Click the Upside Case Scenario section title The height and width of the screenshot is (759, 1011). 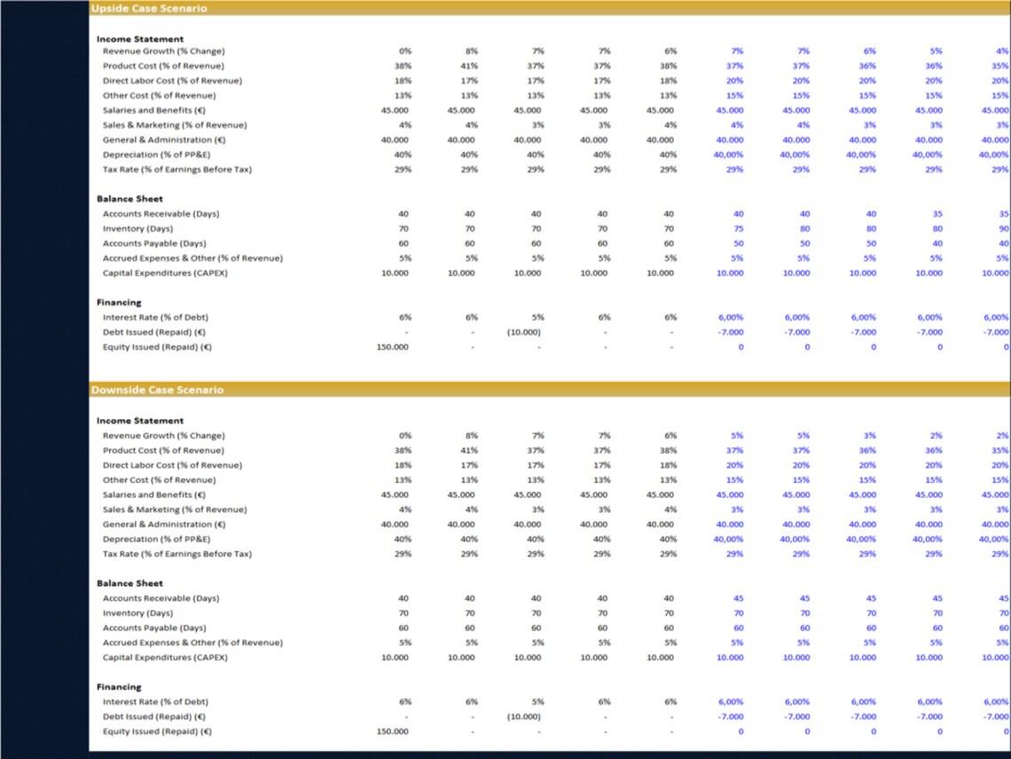[x=149, y=8]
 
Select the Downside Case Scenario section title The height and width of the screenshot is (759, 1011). [x=157, y=390]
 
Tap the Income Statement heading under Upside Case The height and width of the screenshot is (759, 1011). [x=140, y=39]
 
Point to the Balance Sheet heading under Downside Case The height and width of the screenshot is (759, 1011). [x=129, y=583]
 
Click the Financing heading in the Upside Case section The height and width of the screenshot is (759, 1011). [x=119, y=302]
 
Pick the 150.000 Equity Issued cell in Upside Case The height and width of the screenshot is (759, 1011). [x=393, y=347]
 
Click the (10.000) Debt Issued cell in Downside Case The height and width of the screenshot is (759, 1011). [x=523, y=716]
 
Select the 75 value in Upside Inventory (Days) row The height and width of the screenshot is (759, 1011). [x=738, y=229]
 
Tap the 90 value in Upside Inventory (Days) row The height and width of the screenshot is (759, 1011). [x=1003, y=229]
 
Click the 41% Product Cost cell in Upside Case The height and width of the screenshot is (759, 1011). [x=470, y=66]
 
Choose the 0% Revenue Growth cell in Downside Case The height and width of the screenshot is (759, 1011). [x=404, y=436]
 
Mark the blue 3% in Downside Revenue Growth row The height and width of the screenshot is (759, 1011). [x=869, y=436]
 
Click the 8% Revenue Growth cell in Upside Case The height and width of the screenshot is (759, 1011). [x=471, y=51]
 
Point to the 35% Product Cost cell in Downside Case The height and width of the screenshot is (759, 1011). [x=999, y=451]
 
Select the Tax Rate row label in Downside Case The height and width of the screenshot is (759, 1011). [x=177, y=554]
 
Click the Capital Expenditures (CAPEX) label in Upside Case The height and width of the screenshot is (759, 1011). [x=165, y=273]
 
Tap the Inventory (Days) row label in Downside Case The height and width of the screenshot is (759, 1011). [x=137, y=613]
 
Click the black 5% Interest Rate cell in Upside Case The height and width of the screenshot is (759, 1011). [x=537, y=317]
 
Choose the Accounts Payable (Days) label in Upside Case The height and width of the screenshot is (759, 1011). [x=154, y=243]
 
